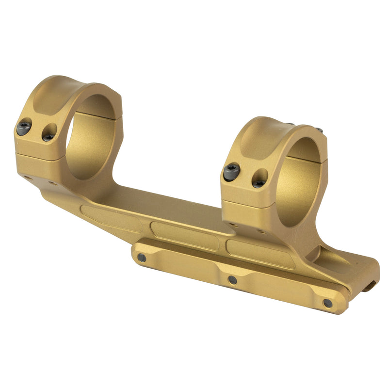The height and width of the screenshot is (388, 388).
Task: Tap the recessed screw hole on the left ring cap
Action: (48, 132)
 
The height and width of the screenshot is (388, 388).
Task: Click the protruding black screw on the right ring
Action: (232, 170)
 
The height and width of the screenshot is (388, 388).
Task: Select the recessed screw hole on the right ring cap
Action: (260, 178)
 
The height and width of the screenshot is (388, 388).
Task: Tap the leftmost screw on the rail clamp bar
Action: (142, 258)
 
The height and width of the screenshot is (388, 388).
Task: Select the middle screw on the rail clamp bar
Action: (233, 280)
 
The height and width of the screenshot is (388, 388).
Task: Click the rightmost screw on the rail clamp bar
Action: (328, 303)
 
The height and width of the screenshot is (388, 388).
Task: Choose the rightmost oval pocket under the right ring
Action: (259, 253)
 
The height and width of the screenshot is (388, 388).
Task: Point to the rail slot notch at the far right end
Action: (370, 287)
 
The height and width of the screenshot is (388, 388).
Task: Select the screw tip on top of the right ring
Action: (319, 129)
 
